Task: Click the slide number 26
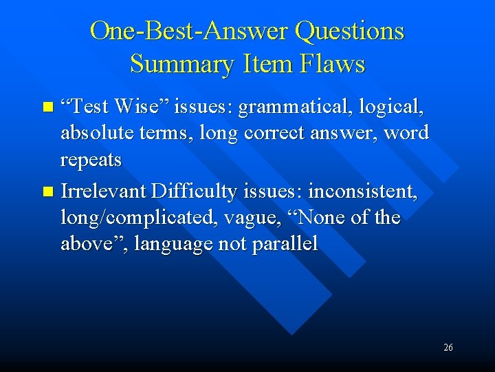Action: point(448,348)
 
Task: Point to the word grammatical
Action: point(283,107)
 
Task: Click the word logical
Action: point(391,107)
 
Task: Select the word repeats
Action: point(91,160)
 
